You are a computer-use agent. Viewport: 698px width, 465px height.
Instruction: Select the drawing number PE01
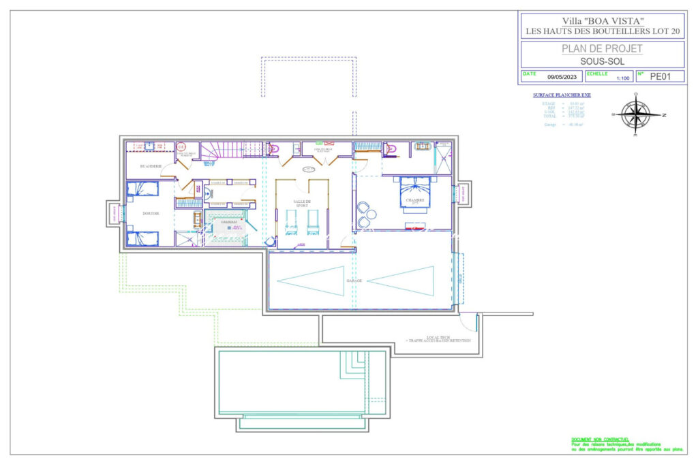click(659, 77)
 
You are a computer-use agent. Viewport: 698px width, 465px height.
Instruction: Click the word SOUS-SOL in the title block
click(601, 61)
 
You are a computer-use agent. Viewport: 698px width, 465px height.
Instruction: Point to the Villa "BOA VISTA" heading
click(601, 21)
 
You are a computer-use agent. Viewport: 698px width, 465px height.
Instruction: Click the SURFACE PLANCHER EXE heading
click(562, 95)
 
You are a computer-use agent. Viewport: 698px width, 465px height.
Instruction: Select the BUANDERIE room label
click(150, 166)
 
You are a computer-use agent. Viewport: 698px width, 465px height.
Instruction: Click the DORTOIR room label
click(151, 213)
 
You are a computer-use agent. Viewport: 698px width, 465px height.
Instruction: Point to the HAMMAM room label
click(228, 222)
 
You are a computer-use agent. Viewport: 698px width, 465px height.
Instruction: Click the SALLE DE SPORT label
click(302, 203)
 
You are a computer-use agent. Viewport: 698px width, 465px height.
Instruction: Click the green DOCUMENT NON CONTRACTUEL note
click(600, 440)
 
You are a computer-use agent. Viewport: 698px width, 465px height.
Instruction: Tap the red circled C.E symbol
click(181, 146)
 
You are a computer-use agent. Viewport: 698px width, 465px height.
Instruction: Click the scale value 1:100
click(622, 79)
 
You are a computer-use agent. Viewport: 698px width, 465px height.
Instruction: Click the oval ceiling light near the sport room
click(309, 170)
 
